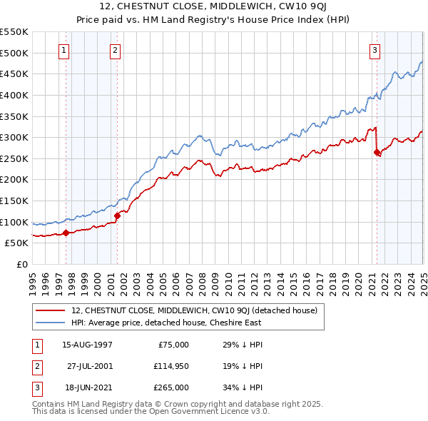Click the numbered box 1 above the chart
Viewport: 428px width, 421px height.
pos(64,50)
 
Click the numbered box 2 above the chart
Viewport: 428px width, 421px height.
pos(115,50)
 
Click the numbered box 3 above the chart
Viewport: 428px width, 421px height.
pos(374,50)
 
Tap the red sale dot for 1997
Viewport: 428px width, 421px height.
pos(66,232)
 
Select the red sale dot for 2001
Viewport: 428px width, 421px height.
pos(117,215)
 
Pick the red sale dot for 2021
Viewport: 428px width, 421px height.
pos(377,152)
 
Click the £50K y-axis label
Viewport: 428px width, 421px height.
pos(16,243)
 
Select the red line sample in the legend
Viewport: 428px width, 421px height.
pos(50,310)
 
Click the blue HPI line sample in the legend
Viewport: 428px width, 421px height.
pos(50,323)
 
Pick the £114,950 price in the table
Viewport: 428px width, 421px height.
pos(171,366)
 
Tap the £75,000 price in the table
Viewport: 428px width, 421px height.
pos(173,345)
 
